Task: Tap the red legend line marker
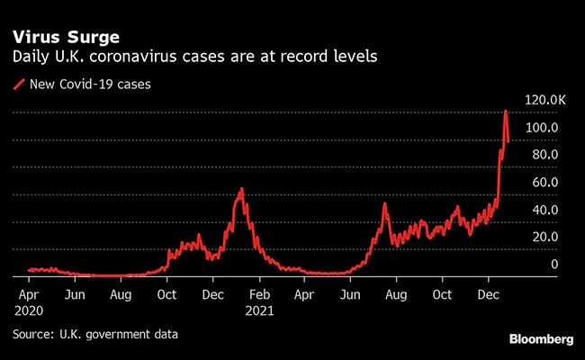19,85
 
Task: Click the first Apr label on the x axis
28,294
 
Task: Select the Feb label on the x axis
259,294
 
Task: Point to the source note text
95,334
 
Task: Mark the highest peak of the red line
506,111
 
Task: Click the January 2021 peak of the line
241,189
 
